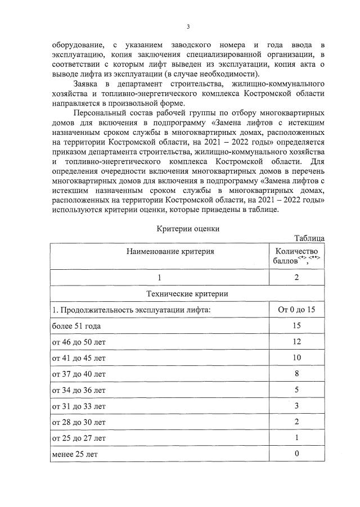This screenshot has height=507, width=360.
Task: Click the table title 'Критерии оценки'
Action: pyautogui.click(x=187, y=229)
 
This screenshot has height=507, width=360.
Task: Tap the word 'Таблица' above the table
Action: pyautogui.click(x=309, y=238)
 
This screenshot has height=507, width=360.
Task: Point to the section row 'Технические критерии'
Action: pyautogui.click(x=187, y=293)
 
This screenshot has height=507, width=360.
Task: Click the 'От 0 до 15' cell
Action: pyautogui.click(x=296, y=310)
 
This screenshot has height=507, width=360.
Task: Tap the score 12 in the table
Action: pyautogui.click(x=296, y=342)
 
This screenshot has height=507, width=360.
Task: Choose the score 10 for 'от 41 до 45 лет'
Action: pyautogui.click(x=296, y=358)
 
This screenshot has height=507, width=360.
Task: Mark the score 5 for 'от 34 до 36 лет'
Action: pyautogui.click(x=296, y=390)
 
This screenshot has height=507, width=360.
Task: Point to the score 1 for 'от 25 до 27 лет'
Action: pyautogui.click(x=296, y=437)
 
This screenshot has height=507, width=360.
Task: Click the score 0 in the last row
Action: pyautogui.click(x=296, y=454)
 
